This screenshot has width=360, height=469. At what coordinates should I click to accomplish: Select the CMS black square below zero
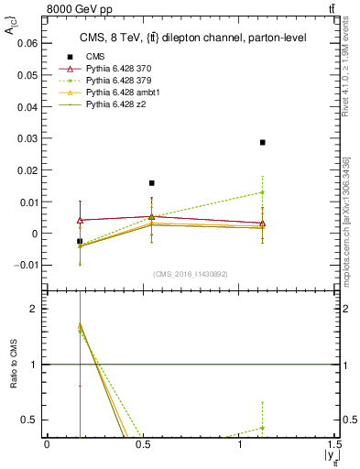point(80,241)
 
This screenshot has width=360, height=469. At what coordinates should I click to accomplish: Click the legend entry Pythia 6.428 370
point(116,69)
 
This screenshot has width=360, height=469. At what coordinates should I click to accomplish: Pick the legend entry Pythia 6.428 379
point(116,81)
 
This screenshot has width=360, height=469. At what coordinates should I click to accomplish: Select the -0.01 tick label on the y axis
point(27,265)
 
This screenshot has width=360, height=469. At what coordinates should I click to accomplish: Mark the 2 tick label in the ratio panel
point(35,309)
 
